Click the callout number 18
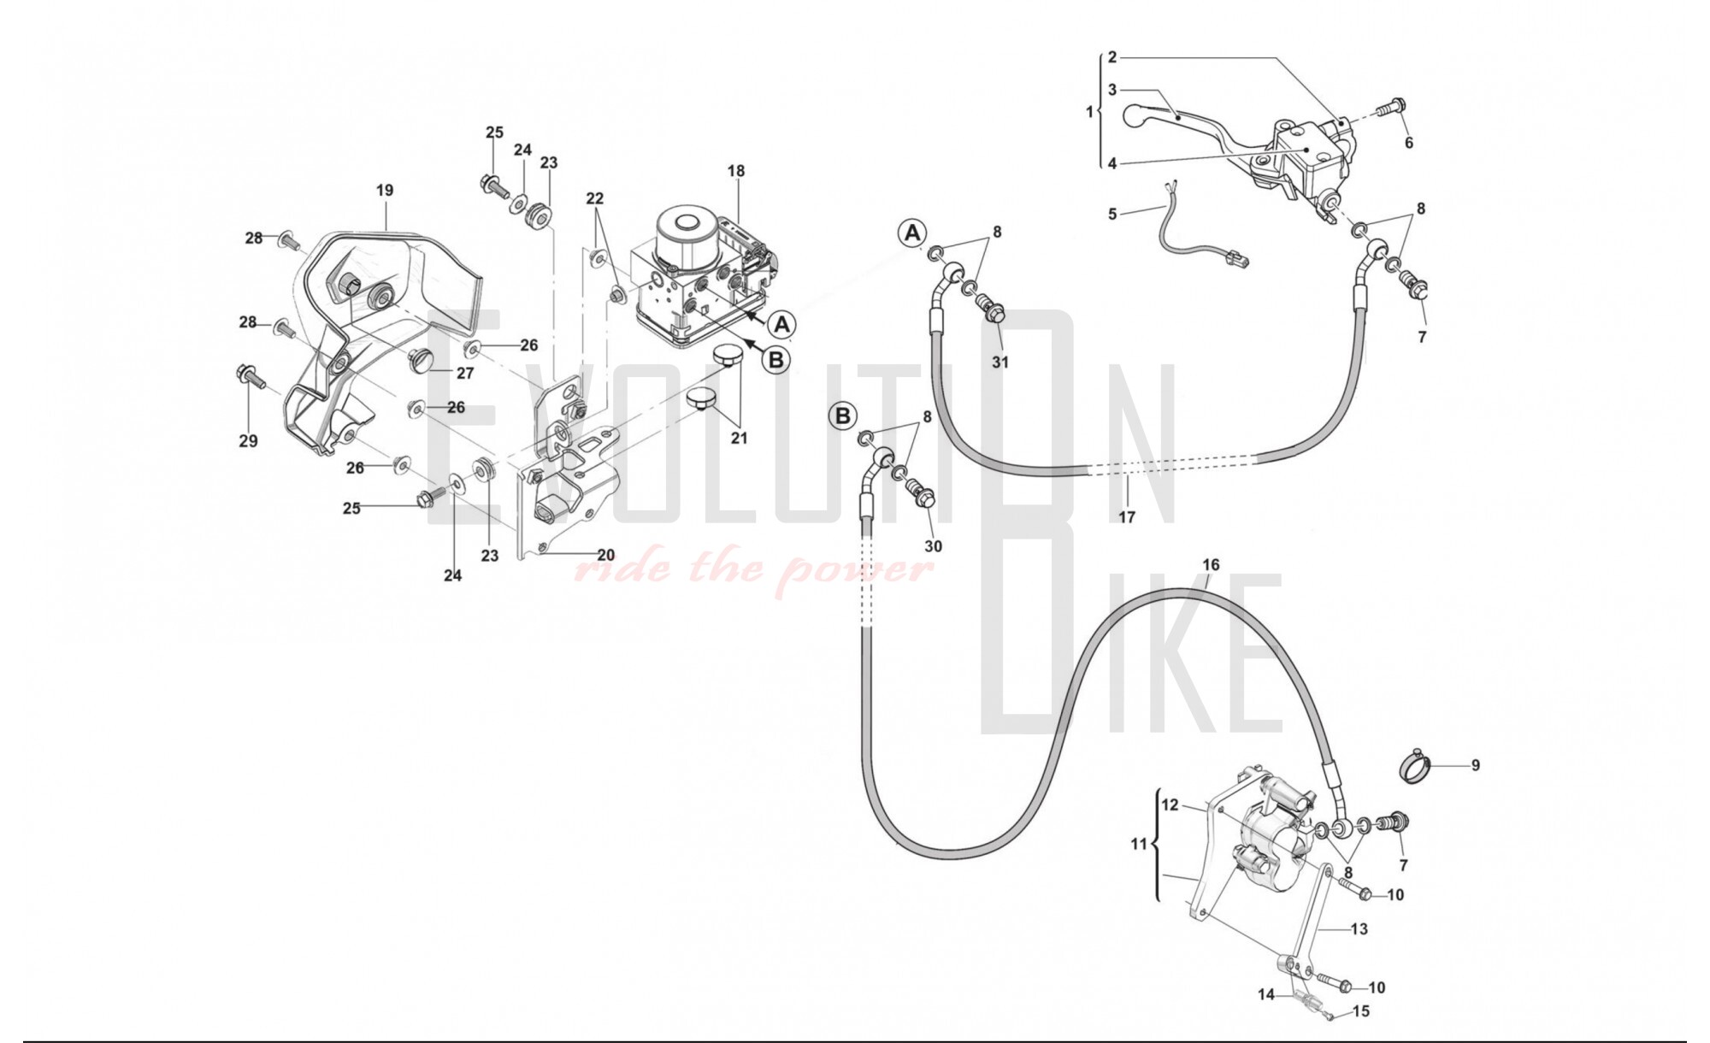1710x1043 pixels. pos(736,171)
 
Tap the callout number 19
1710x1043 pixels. pos(385,190)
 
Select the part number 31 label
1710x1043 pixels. pos(1000,362)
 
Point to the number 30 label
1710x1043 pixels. pos(933,545)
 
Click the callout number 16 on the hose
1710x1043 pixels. pos(1211,564)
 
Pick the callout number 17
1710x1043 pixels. pos(1127,516)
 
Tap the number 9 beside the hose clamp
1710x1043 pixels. pos(1476,765)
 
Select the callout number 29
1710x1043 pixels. pos(248,441)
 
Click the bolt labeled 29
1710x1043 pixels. pos(248,377)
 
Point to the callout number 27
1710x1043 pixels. pos(465,373)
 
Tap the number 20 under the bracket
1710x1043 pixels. pos(605,555)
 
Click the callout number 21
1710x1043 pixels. pos(739,438)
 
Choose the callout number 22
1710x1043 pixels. pos(595,198)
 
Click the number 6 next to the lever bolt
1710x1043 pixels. pos(1409,143)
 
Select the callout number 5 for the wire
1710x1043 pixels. pos(1112,213)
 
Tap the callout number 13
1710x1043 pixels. pos(1359,928)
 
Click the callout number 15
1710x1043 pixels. pos(1361,1011)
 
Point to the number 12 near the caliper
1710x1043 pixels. pos(1170,804)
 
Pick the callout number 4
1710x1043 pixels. pos(1112,163)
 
